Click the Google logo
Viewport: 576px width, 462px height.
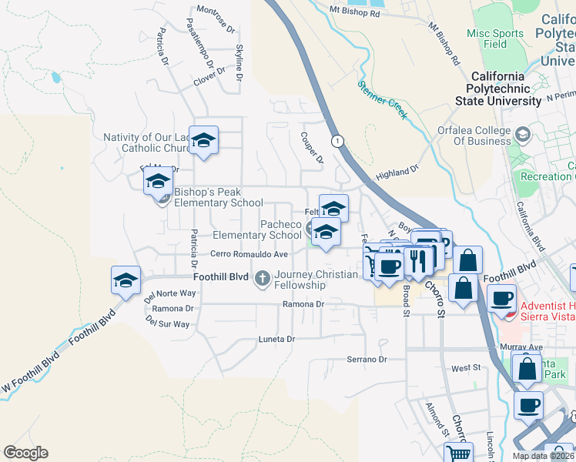point(25,453)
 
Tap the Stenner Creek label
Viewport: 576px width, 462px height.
point(383,99)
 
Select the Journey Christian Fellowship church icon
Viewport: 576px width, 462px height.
point(263,276)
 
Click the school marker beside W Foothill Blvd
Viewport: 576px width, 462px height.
point(126,281)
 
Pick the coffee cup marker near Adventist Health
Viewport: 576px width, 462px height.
point(502,299)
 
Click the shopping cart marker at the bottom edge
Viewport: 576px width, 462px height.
point(459,454)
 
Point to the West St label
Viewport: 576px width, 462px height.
point(465,369)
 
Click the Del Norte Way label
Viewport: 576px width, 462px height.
point(171,293)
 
